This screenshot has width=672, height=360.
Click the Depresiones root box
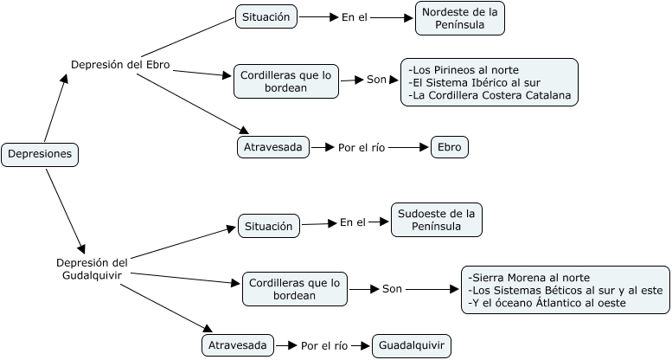pos(40,155)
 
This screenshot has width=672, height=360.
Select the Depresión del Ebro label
pos(119,65)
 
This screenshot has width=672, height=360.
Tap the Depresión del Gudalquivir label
pos(91,268)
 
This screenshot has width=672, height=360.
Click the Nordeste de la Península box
pos(459,18)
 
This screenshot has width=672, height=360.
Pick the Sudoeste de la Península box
pos(436,220)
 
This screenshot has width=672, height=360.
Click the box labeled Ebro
pos(450,147)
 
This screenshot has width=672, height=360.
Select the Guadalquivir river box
pos(412,346)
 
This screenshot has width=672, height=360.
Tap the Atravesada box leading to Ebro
pos(272,147)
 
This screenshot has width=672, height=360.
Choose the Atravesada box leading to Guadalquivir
pos(239,346)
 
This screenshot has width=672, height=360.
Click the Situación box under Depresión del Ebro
pos(266,16)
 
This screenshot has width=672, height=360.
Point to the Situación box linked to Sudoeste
pos(269,226)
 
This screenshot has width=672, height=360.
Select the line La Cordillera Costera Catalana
pos(489,95)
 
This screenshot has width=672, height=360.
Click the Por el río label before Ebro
pos(361,148)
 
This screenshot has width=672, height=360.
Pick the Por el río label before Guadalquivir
pos(324,346)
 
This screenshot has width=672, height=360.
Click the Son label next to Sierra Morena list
pos(392,289)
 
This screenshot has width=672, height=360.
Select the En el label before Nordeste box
pos(355,16)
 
